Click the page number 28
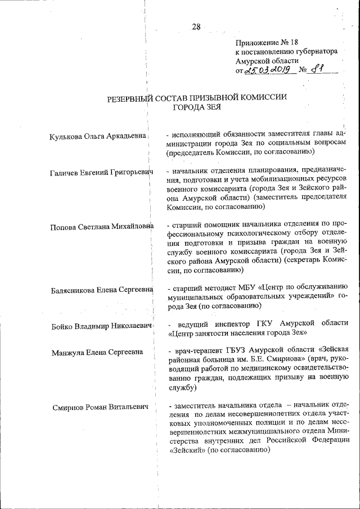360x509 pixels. [x=195, y=26]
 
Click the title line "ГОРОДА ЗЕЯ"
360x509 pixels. [x=197, y=107]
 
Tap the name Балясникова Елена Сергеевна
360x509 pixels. [x=102, y=289]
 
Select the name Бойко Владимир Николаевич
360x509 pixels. [x=101, y=326]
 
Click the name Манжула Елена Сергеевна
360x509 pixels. [x=96, y=353]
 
